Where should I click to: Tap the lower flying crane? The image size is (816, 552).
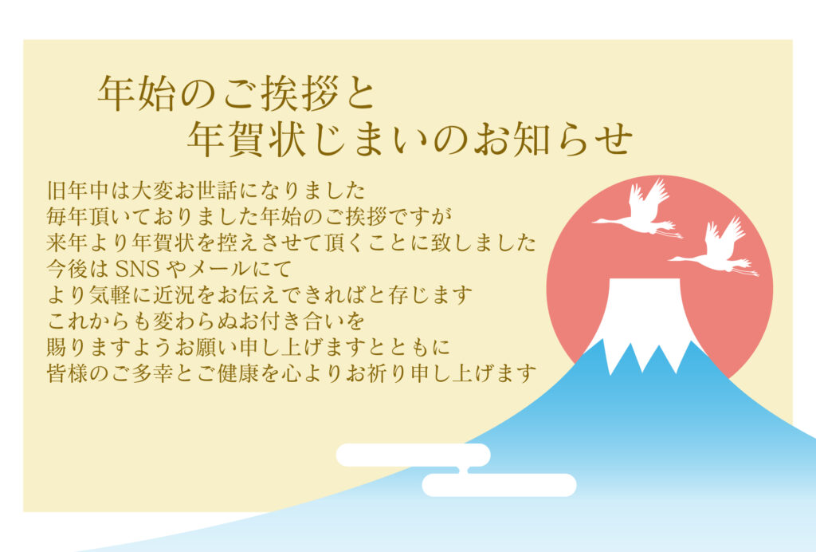click(717, 248)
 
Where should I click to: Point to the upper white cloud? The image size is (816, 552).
click(413, 455)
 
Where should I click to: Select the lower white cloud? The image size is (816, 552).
click(499, 484)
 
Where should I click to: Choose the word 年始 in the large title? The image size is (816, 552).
click(134, 95)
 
